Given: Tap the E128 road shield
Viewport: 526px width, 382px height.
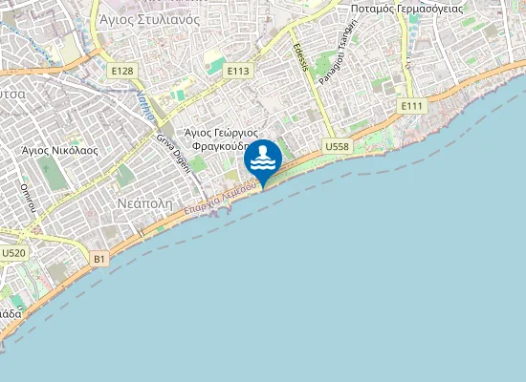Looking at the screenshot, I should pyautogui.click(x=122, y=71).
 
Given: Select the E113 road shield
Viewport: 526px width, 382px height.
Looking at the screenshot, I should pyautogui.click(x=238, y=70).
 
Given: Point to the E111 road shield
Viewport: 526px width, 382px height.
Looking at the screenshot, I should pyautogui.click(x=412, y=105).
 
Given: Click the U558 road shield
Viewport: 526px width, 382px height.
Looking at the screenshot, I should pyautogui.click(x=336, y=146).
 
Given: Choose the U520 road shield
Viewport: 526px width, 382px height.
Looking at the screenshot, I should pyautogui.click(x=13, y=253).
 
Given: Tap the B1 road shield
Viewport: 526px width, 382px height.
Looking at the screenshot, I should pyautogui.click(x=100, y=258).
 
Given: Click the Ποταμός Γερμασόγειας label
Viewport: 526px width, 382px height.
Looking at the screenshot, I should pyautogui.click(x=407, y=8).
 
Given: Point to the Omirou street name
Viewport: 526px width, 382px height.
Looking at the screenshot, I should pyautogui.click(x=29, y=198).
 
